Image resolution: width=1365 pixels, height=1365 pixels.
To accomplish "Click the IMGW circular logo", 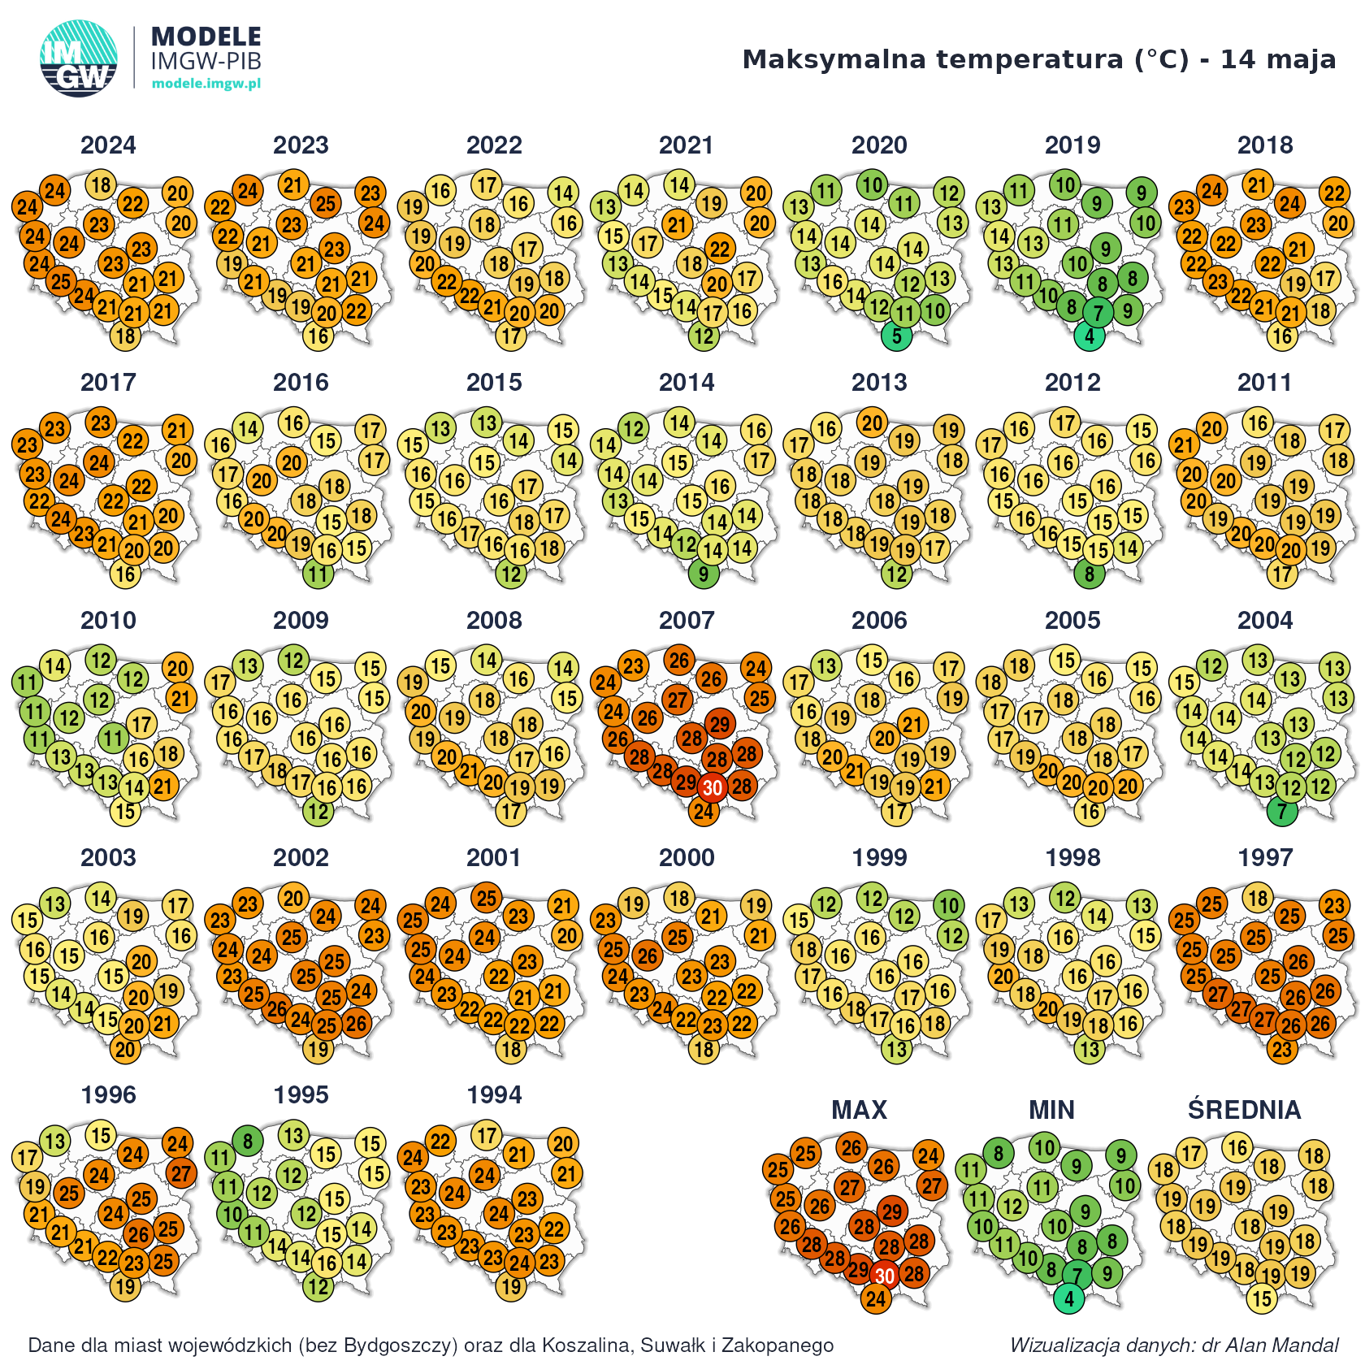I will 78,58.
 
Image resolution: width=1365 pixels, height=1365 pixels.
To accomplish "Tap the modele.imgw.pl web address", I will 206,84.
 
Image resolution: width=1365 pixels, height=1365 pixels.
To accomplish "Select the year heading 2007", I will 687,621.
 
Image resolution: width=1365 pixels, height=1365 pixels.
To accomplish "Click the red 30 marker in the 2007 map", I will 713,788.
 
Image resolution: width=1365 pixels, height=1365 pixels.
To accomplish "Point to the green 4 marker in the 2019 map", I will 1090,336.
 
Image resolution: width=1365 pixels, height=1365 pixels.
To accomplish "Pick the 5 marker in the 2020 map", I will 897,336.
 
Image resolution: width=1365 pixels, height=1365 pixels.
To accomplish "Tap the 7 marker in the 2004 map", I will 1282,811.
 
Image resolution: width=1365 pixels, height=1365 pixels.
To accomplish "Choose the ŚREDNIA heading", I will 1244,1110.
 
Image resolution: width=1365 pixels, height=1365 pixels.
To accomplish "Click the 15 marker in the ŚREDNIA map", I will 1262,1298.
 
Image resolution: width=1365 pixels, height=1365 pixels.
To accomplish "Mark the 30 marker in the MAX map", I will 885,1276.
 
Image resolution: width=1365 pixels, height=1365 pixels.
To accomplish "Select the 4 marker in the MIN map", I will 1069,1298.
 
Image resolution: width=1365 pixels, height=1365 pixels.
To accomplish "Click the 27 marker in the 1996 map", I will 181,1173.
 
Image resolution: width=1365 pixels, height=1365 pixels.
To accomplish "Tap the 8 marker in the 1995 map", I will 248,1142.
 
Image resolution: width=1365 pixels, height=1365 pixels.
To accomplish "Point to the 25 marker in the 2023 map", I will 325,203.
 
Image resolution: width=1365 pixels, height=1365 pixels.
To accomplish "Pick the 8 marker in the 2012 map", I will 1090,574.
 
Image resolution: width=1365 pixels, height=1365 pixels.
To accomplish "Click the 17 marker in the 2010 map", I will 141,724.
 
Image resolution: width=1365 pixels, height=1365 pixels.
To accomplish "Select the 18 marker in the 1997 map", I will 1259,898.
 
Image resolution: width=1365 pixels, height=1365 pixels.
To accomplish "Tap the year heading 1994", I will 494,1095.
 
